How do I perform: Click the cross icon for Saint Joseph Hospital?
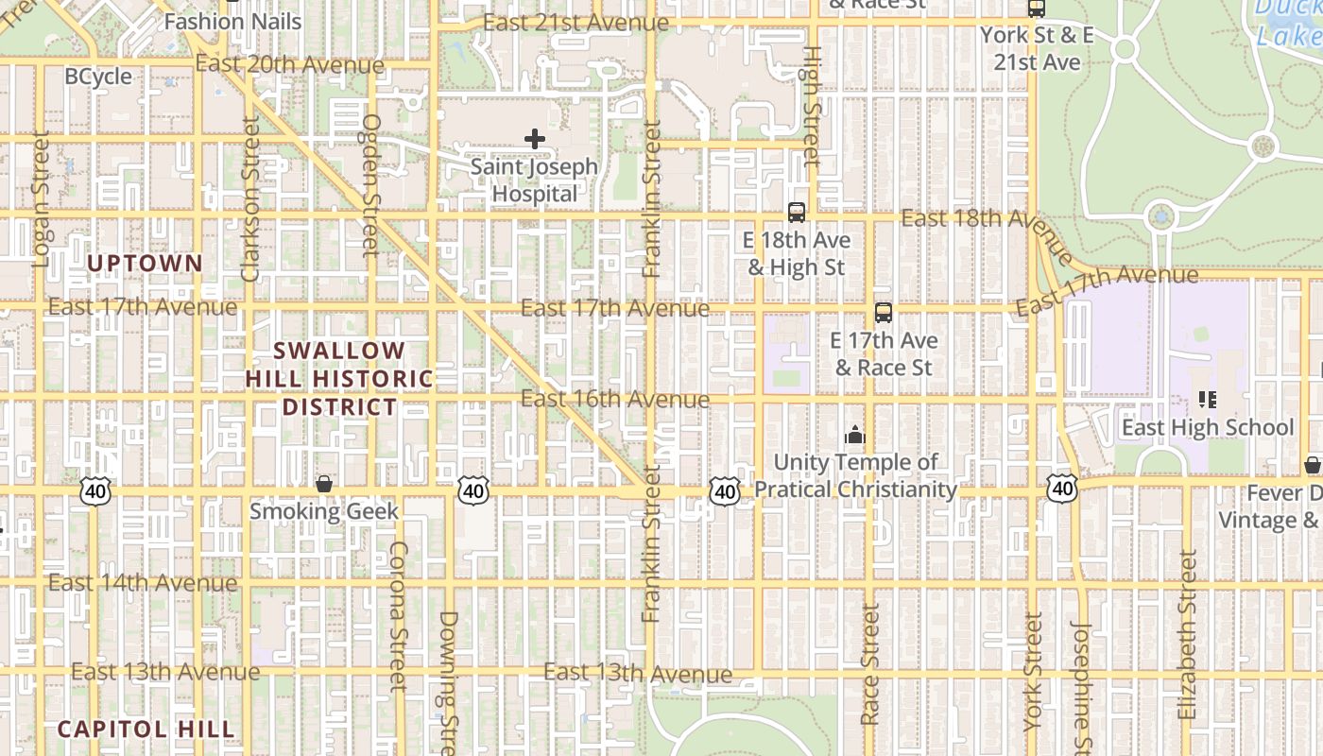tap(535, 139)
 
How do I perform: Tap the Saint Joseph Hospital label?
tap(535, 180)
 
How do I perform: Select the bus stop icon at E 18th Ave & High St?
tap(797, 213)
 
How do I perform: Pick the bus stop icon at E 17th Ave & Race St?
tap(884, 313)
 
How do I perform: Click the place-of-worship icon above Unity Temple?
tap(855, 435)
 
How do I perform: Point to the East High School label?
tap(1207, 428)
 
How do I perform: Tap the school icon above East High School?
tap(1207, 400)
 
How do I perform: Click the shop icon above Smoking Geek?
tap(324, 484)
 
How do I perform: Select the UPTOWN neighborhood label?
tap(145, 264)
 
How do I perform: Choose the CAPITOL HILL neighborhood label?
tap(146, 730)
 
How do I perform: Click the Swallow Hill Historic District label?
tap(339, 379)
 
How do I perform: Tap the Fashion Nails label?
tap(232, 21)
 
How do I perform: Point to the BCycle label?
tap(98, 77)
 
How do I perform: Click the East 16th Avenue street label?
tap(615, 399)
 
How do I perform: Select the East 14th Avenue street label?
tap(143, 582)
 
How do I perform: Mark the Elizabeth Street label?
tap(1188, 635)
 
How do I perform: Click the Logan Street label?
tap(40, 199)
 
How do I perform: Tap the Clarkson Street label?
tap(250, 198)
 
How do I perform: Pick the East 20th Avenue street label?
tap(290, 65)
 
